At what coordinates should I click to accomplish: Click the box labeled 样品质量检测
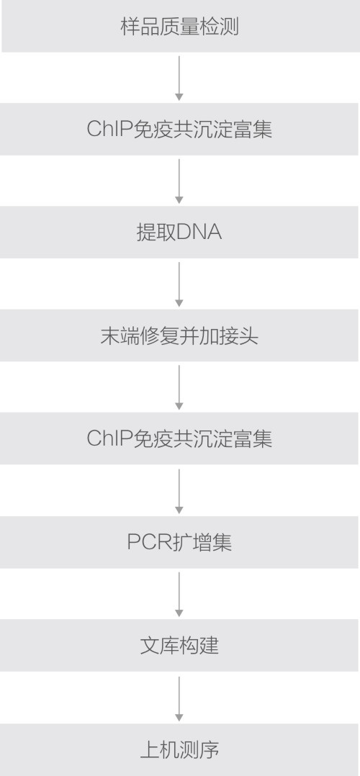pos(180,26)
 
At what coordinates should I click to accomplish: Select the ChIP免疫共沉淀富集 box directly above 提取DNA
pos(180,129)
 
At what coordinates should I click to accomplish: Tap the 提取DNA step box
pos(180,232)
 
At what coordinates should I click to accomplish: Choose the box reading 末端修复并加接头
pos(180,335)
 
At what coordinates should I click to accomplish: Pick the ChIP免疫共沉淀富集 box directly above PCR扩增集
pos(180,438)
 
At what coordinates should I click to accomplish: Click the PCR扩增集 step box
pos(180,542)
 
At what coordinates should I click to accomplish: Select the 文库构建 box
pos(180,645)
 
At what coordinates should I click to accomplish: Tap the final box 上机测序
pos(180,750)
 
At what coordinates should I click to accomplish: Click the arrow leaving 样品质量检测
pos(179,78)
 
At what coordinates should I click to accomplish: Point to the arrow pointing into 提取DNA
pos(179,181)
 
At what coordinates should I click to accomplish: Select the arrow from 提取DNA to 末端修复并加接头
pos(179,284)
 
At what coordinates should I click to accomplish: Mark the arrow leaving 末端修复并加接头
pos(179,387)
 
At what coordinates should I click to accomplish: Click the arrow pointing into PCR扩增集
pos(179,491)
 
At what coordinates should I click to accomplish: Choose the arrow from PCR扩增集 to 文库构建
pos(179,594)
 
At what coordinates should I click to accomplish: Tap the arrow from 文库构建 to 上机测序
pos(179,698)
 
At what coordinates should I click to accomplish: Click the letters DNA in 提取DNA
pos(199,233)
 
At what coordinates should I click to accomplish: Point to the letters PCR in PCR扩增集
pos(149,543)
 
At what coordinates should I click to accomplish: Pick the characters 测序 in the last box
pos(199,750)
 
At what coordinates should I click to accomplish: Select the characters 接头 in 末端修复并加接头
pos(238,336)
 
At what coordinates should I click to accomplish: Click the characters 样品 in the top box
pos(140,26)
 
